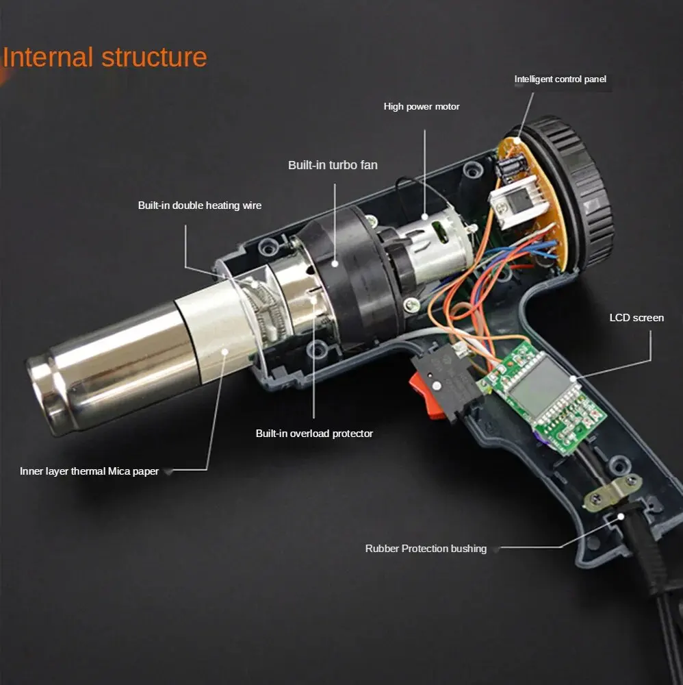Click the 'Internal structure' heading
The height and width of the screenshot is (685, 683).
click(105, 58)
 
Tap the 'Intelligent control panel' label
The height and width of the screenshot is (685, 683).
click(560, 79)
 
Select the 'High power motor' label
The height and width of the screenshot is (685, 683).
click(422, 107)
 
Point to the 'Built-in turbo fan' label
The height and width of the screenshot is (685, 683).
click(333, 165)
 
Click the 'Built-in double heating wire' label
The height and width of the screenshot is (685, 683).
click(200, 206)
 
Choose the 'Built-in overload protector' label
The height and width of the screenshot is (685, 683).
click(314, 434)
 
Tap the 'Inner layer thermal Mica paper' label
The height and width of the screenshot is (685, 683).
click(90, 471)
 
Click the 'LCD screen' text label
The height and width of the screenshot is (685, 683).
click(636, 318)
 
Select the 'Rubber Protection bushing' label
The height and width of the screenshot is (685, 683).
click(426, 549)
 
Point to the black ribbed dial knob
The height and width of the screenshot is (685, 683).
click(575, 185)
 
